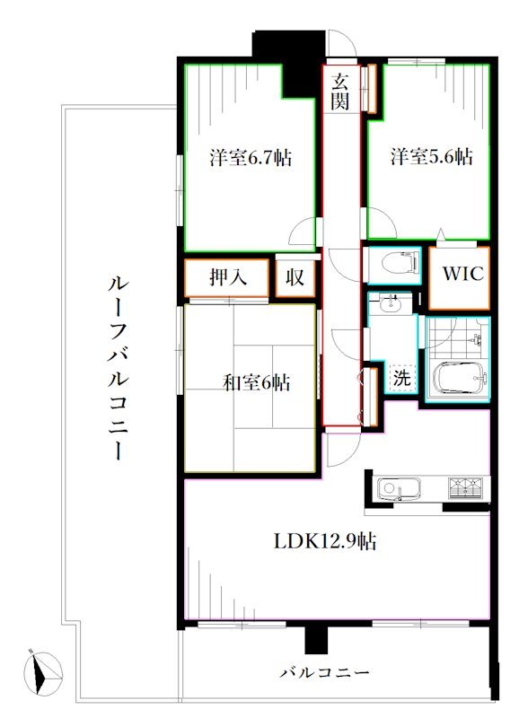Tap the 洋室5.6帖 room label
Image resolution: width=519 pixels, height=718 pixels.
pos(431,157)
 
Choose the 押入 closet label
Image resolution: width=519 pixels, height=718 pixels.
pos(228,277)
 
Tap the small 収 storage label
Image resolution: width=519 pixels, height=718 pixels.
pos(295,278)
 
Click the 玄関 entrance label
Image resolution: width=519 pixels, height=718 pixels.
pos(339,91)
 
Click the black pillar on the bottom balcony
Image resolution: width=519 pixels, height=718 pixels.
pos(313,639)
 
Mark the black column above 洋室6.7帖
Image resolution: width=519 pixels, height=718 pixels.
pos(287,58)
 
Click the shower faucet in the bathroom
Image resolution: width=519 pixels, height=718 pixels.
pos(477,339)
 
